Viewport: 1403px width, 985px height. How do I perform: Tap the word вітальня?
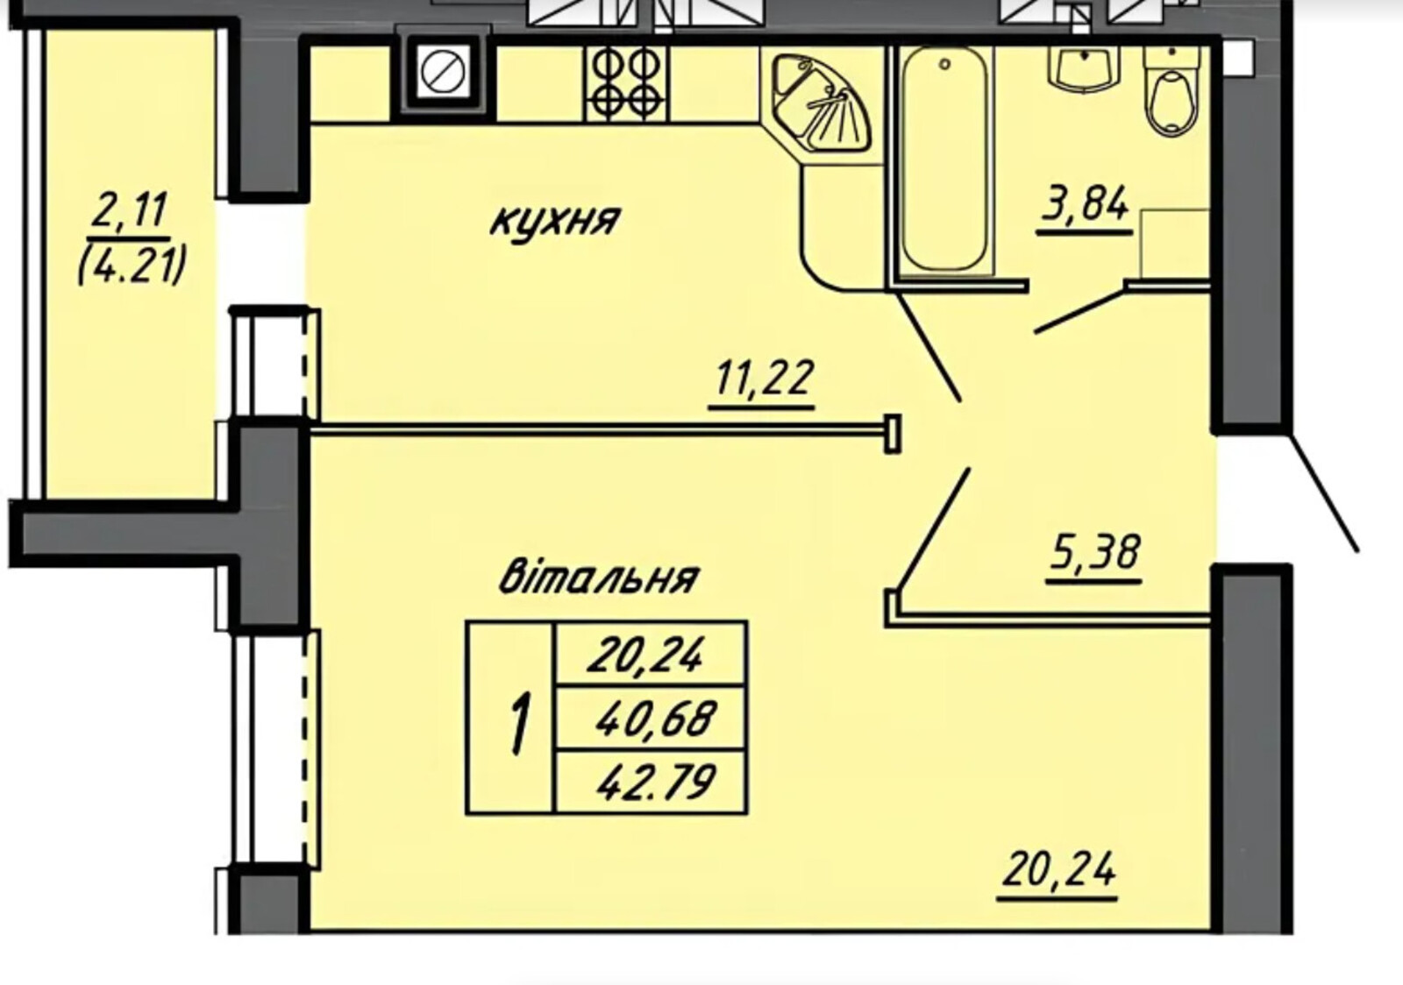pos(599,578)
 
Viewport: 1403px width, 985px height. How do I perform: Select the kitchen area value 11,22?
pos(762,378)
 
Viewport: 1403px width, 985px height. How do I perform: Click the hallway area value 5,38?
pos(1093,553)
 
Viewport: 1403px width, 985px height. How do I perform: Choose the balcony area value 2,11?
pos(129,210)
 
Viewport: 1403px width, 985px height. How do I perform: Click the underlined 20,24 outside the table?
pos(1058,870)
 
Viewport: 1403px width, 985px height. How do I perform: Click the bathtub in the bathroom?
pos(944,159)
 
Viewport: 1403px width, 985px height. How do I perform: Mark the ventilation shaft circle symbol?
pos(443,72)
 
